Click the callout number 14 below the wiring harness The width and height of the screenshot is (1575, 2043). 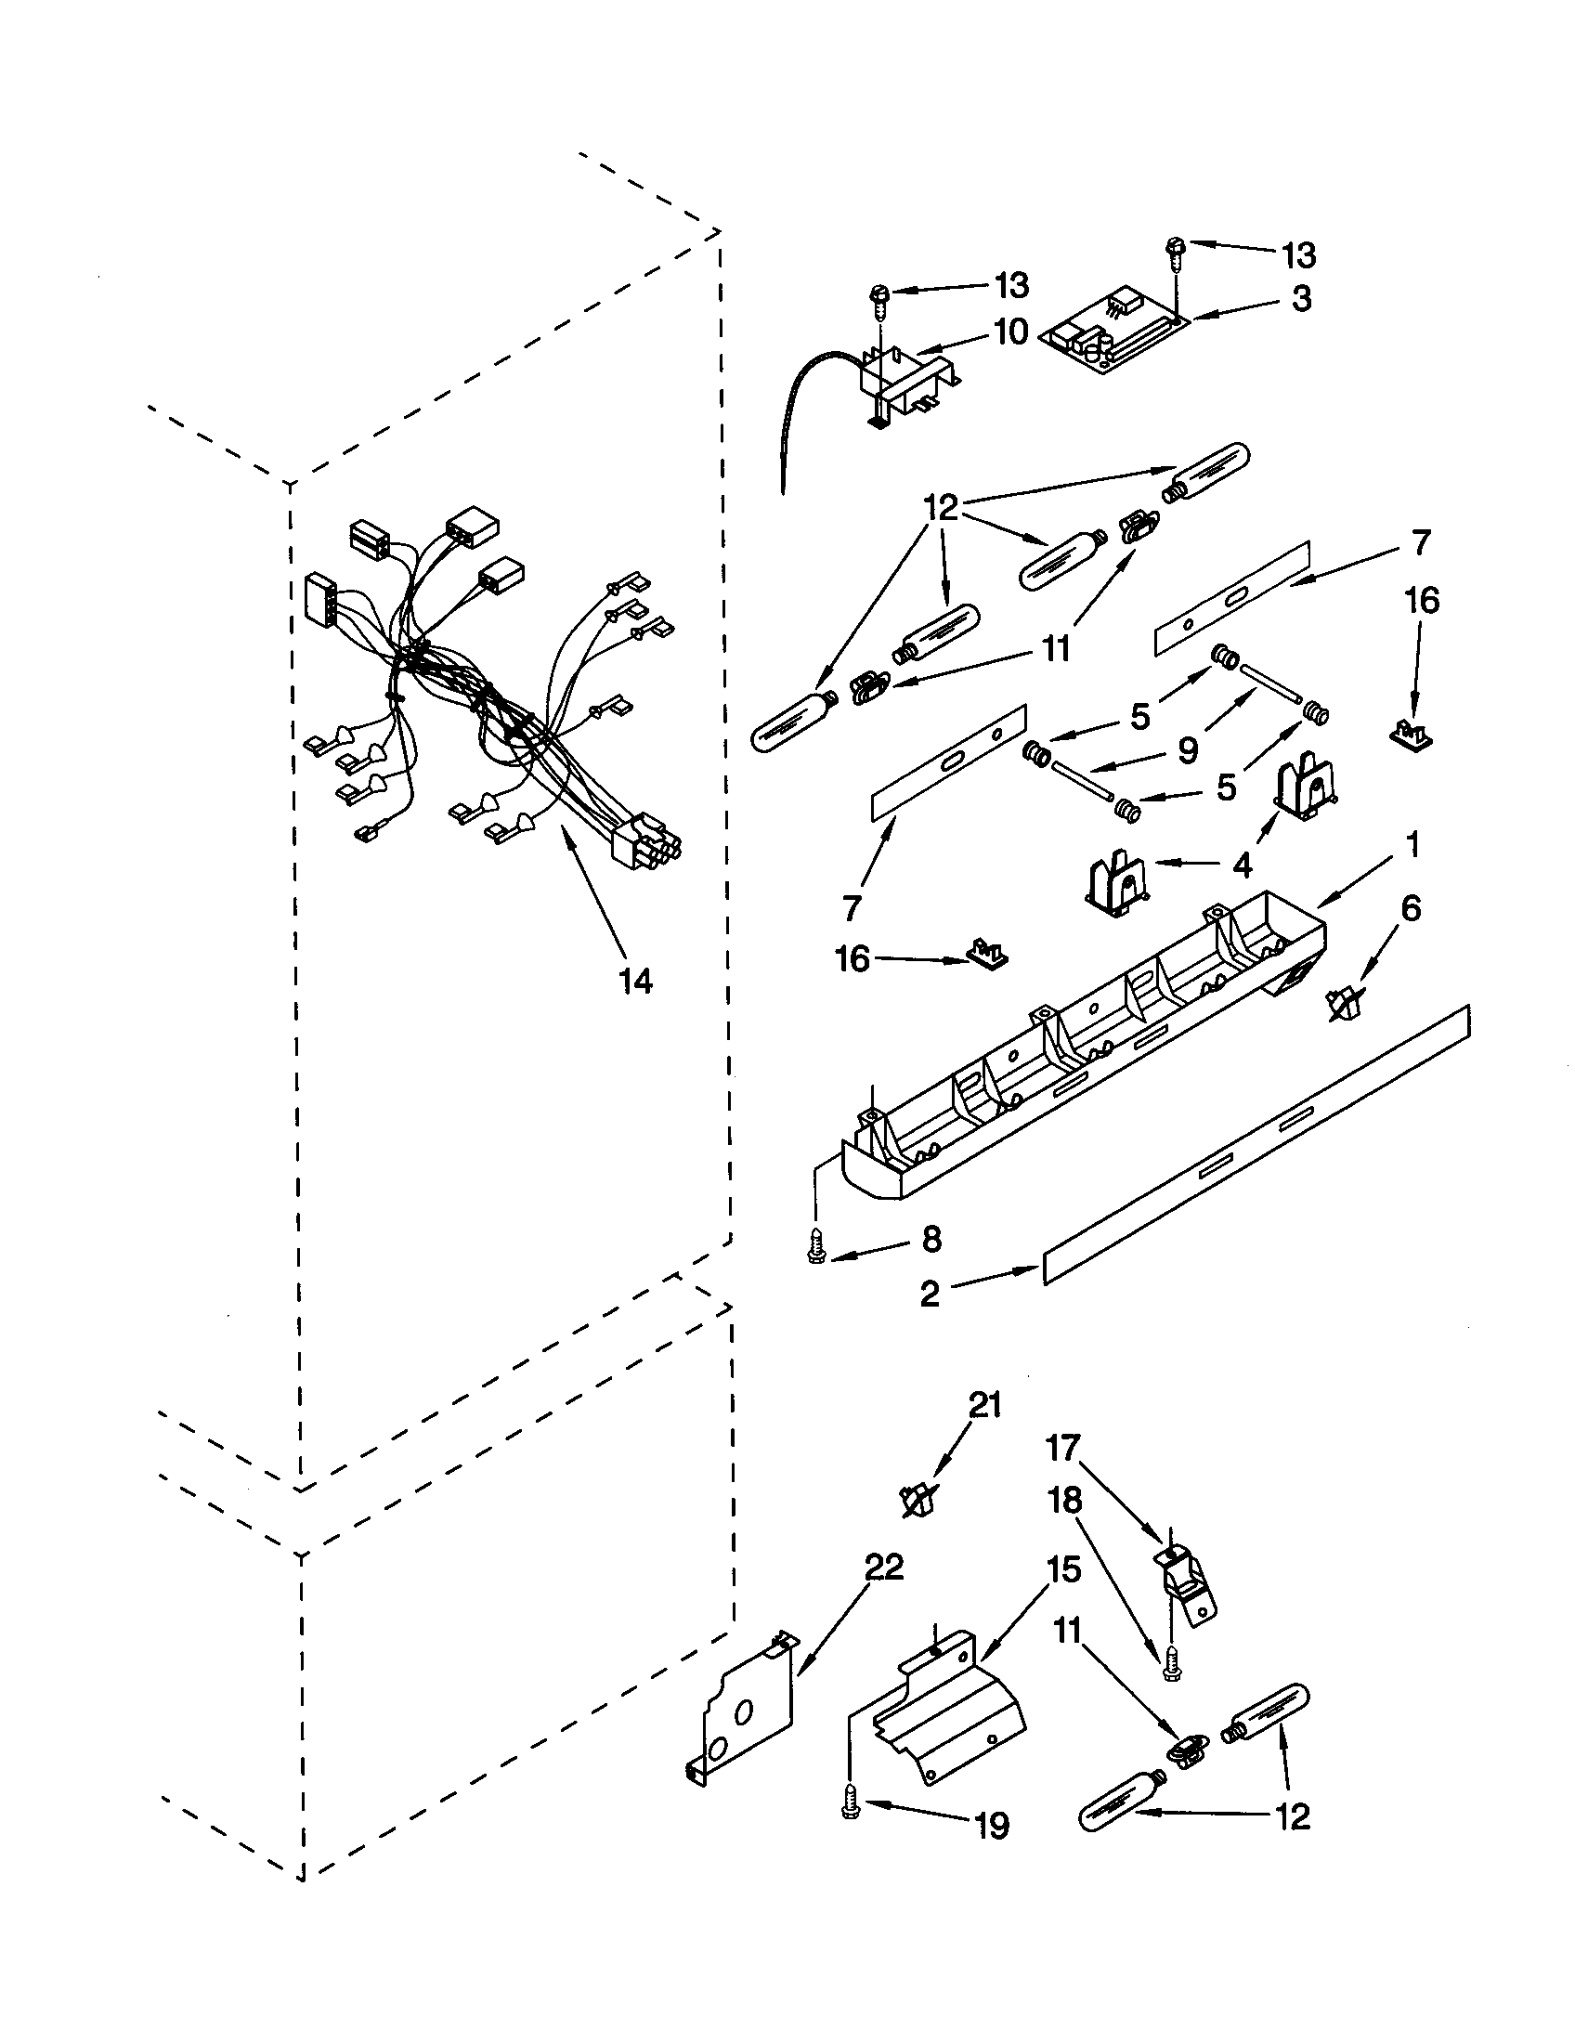point(636,981)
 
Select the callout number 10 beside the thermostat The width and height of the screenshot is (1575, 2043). point(1010,332)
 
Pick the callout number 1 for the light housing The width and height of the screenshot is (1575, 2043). point(1412,845)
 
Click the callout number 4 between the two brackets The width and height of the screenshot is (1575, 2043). point(1241,865)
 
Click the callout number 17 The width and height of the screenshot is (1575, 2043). point(1062,1448)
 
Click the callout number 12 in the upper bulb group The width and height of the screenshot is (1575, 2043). point(942,509)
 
